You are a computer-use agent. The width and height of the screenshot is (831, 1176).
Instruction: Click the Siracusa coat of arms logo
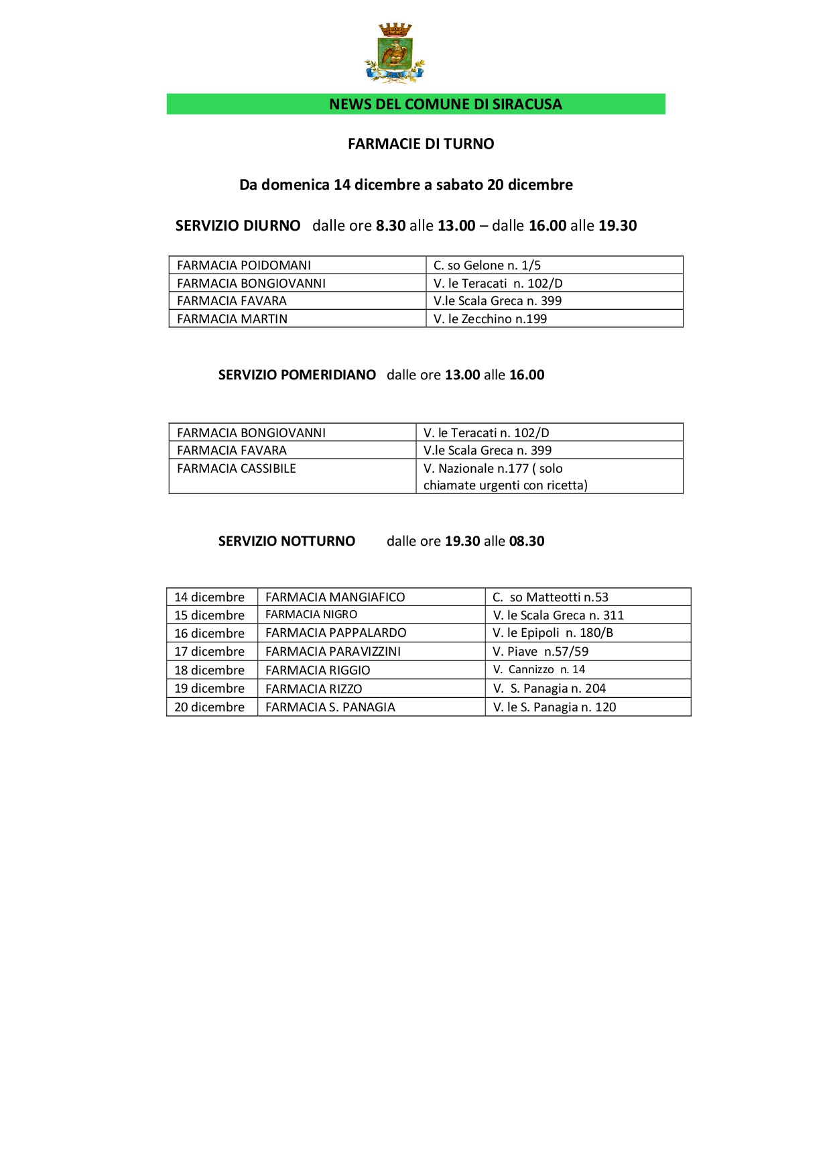[394, 54]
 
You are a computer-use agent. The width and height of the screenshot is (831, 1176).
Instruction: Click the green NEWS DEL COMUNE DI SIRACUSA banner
[415, 104]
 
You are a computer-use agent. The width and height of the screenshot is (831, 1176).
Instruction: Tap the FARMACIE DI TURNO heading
[421, 143]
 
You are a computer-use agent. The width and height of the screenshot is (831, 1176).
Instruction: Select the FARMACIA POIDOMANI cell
[244, 265]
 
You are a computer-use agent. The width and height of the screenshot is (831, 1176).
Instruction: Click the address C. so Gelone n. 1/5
[487, 265]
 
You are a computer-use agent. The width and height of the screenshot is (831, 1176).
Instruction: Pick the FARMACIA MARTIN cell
[232, 318]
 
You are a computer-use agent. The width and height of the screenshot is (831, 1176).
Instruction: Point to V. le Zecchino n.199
[490, 318]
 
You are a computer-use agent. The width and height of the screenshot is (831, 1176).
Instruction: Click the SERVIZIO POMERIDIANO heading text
[297, 375]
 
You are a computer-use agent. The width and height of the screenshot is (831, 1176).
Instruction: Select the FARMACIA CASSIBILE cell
[236, 468]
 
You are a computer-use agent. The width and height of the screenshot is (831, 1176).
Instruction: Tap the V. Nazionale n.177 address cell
[505, 476]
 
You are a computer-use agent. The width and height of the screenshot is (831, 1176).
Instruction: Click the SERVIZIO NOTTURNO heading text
[286, 541]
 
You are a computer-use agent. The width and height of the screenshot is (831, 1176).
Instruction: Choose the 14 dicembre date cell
[209, 597]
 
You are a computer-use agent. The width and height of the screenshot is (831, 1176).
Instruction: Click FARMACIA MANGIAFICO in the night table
[335, 597]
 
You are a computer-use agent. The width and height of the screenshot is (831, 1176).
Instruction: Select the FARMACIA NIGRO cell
[311, 614]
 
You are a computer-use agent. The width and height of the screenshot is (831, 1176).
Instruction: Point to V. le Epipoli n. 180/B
[553, 632]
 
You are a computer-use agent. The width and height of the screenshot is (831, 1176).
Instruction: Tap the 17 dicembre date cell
[209, 651]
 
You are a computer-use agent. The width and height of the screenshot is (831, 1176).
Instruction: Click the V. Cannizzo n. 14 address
[539, 669]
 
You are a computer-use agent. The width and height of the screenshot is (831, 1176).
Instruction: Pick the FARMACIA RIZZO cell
[314, 689]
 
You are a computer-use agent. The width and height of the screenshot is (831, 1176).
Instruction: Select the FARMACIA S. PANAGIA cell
[330, 707]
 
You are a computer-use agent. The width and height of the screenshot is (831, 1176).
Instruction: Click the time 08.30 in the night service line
[527, 541]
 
